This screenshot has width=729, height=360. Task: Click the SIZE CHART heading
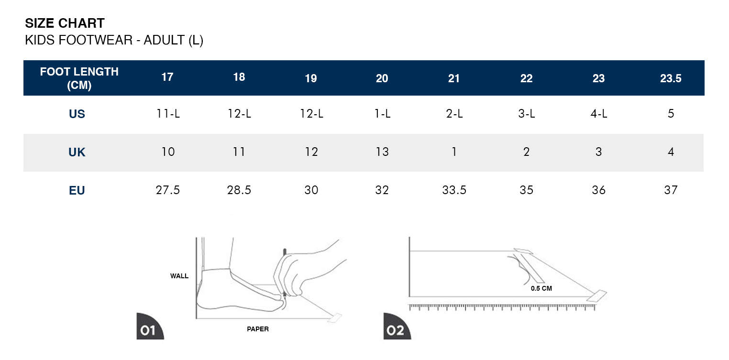[65, 23]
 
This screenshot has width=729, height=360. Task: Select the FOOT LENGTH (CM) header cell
[79, 78]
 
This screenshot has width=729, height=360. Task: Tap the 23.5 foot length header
[671, 78]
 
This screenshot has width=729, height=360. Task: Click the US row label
[77, 114]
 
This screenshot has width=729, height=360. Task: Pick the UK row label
[77, 152]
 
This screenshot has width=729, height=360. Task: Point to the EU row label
[77, 190]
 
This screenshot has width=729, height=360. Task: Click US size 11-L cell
[168, 113]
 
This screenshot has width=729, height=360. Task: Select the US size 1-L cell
[382, 113]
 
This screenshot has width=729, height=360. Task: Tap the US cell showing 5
[671, 113]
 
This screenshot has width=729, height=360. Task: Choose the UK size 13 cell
[382, 152]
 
